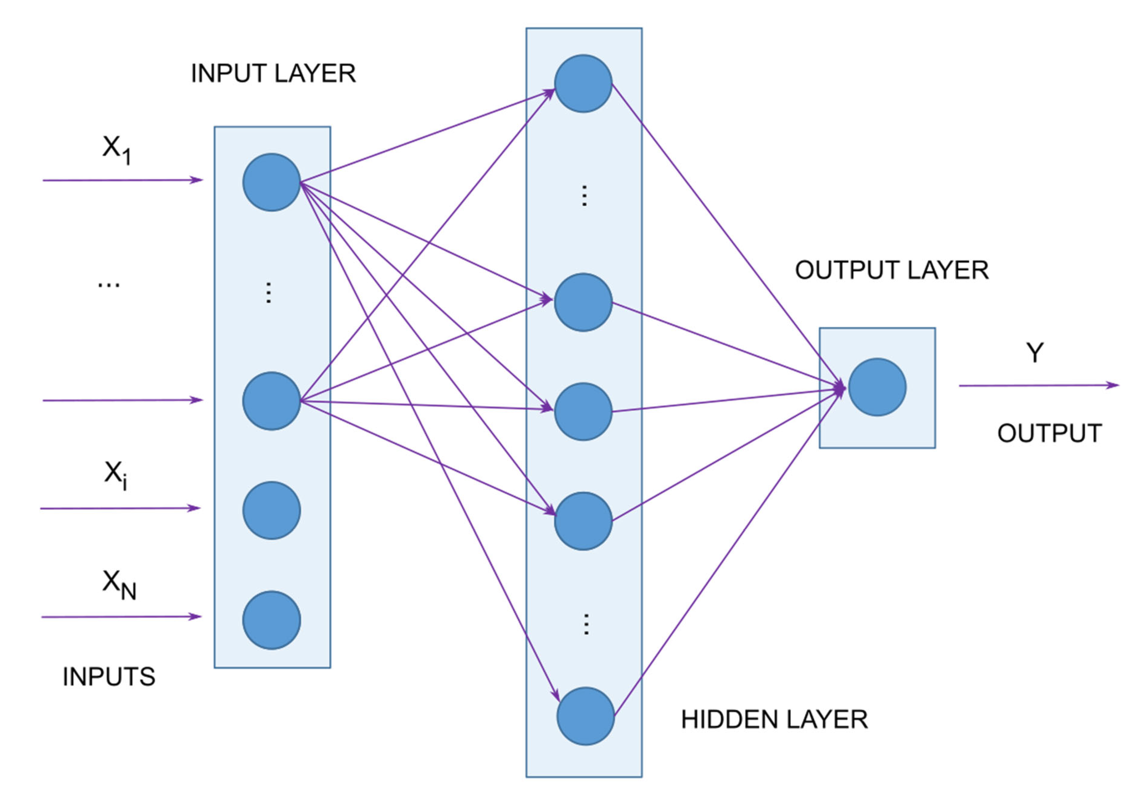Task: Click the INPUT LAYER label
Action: [x=273, y=74]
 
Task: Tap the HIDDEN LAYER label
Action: [x=774, y=719]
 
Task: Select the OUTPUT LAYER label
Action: [x=892, y=270]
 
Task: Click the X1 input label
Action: [x=117, y=149]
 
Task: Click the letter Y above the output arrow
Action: [x=1034, y=353]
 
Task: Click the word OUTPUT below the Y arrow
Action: [x=1049, y=433]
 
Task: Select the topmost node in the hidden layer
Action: [x=583, y=84]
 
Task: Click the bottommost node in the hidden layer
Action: [x=586, y=716]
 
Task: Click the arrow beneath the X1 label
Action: [x=123, y=180]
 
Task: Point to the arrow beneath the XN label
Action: [x=121, y=617]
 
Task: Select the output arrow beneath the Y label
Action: [x=1039, y=386]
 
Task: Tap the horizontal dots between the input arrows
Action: [x=109, y=285]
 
